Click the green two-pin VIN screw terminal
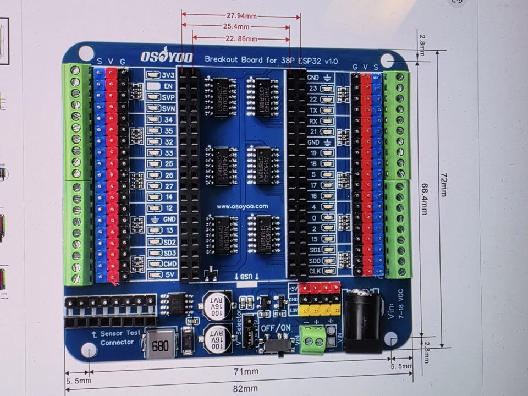tap(313, 340)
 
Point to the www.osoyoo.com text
tap(242, 207)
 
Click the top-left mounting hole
tap(86, 53)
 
